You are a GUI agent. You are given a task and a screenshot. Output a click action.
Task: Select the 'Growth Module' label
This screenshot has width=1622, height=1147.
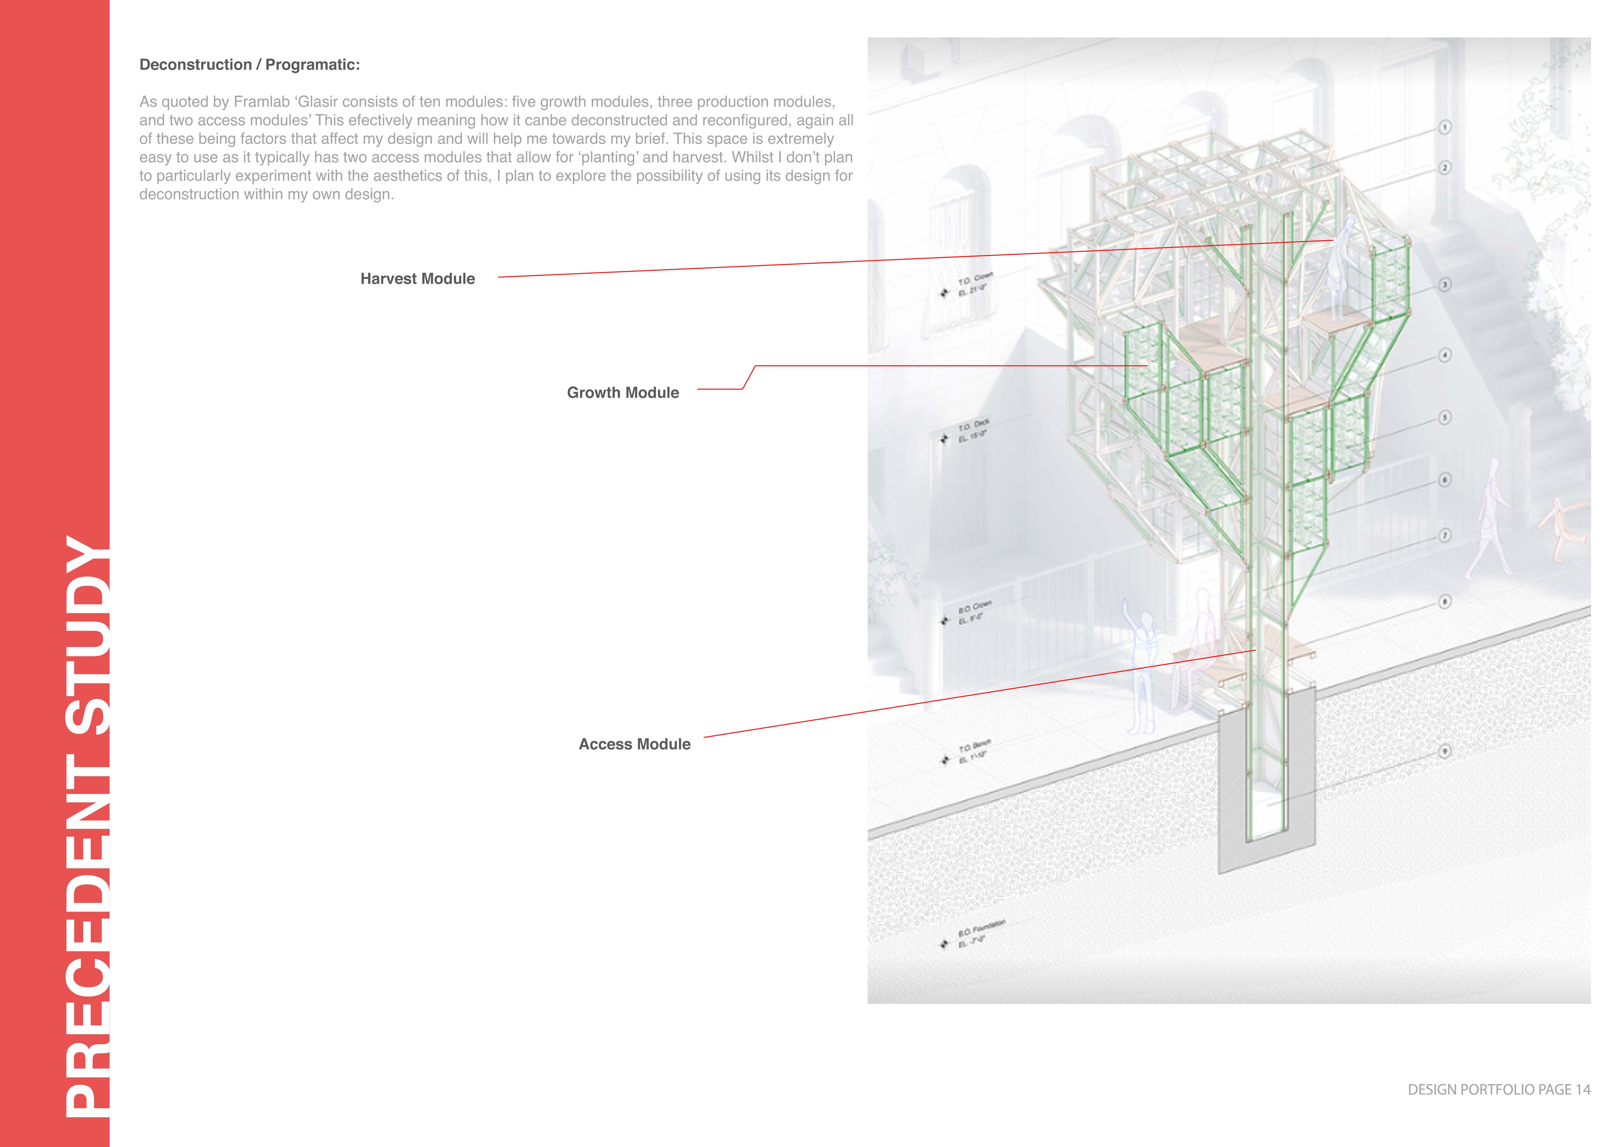tap(622, 393)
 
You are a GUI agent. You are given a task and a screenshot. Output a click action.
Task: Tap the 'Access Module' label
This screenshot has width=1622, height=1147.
tap(634, 744)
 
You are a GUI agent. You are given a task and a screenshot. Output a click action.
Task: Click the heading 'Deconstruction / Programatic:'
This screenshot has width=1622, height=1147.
tap(249, 65)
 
